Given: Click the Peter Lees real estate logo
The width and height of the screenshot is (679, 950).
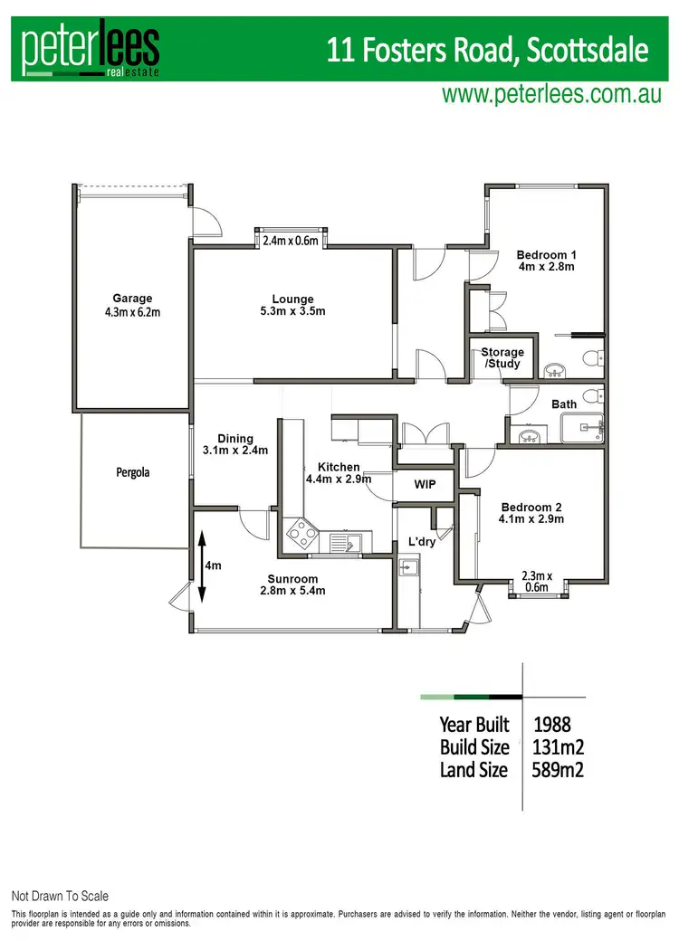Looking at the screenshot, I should (x=91, y=51).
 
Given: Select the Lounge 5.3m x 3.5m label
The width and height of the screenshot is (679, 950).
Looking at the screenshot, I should (x=292, y=305).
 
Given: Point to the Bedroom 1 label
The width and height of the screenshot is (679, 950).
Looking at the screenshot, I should (x=545, y=261).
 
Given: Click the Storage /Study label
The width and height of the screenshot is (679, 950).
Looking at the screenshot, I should (x=502, y=357).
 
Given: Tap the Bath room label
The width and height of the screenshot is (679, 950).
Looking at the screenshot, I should (x=564, y=404).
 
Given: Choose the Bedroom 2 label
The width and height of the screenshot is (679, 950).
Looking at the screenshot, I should (x=531, y=513).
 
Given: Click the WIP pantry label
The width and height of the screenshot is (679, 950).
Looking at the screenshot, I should (x=425, y=485).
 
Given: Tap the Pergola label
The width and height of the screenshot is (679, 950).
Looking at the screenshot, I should (x=132, y=472).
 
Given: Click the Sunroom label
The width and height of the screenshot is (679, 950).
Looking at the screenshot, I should (x=292, y=584).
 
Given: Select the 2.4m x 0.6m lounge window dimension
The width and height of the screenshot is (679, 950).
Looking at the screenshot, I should (x=291, y=241).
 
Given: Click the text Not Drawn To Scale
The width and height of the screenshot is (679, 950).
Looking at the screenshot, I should (x=60, y=896).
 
